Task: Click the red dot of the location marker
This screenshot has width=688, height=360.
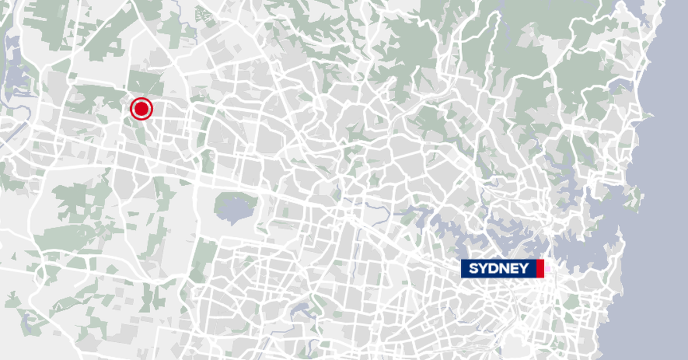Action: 141,108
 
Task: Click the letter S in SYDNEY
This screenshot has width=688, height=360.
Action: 474,268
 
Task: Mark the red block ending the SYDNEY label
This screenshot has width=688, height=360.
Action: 540,268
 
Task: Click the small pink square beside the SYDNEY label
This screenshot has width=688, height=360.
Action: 547,268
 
